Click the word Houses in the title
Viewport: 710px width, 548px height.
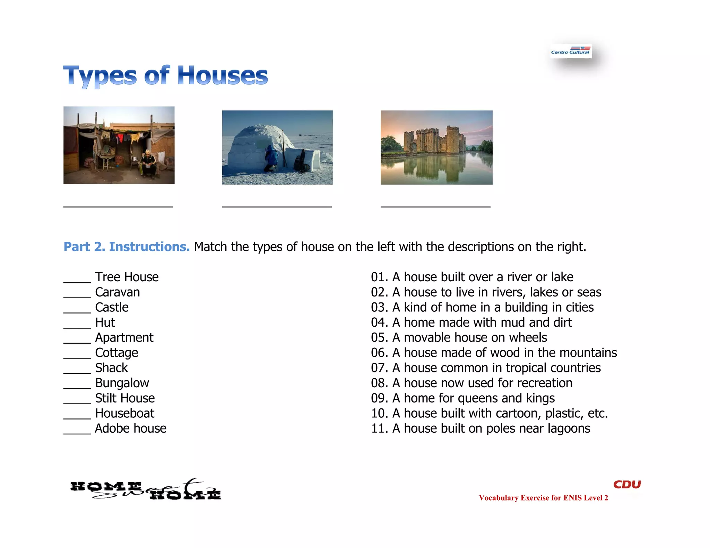point(223,76)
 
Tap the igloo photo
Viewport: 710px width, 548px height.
point(277,147)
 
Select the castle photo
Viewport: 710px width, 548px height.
point(436,147)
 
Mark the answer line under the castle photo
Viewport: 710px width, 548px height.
point(435,206)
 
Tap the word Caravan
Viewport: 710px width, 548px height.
point(118,292)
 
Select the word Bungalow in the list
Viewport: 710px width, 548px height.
point(122,383)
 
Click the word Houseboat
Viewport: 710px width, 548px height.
point(125,413)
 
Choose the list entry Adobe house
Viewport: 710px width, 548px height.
point(131,428)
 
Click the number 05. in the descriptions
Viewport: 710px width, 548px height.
point(379,337)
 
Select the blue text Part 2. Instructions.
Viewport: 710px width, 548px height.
point(127,247)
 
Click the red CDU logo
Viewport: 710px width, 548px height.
point(627,484)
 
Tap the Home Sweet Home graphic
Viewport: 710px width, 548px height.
point(146,489)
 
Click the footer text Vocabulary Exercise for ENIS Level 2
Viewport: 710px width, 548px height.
point(543,498)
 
